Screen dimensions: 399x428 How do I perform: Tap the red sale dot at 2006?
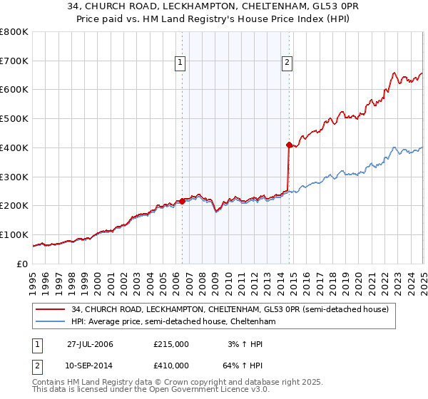pyautogui.click(x=182, y=201)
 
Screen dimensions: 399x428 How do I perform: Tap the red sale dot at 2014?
pyautogui.click(x=288, y=145)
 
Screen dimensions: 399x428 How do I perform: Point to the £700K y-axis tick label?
pyautogui.click(x=14, y=61)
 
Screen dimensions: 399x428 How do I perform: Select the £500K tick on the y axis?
pyautogui.click(x=14, y=118)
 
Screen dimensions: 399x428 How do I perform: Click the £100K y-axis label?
pyautogui.click(x=14, y=234)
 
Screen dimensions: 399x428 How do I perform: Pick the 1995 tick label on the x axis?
pyautogui.click(x=33, y=278)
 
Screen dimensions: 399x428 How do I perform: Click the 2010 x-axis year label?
pyautogui.click(x=228, y=278)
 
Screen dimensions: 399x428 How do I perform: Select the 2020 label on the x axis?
pyautogui.click(x=357, y=278)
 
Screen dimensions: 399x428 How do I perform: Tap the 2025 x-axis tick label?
pyautogui.click(x=422, y=278)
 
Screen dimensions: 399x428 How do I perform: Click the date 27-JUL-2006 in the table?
pyautogui.click(x=90, y=344)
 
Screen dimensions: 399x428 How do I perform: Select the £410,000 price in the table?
pyautogui.click(x=171, y=366)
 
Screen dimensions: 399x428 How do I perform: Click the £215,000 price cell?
pyautogui.click(x=171, y=344)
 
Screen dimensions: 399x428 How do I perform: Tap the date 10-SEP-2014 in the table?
pyautogui.click(x=90, y=366)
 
